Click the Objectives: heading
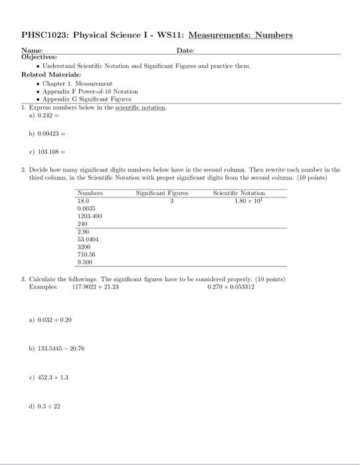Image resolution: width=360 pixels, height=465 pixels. [x=40, y=58]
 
